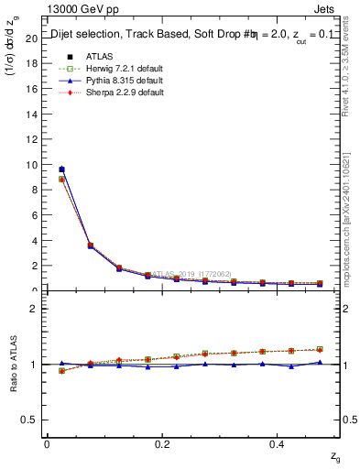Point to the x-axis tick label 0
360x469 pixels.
tap(47, 444)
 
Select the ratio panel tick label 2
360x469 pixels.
tap(34, 309)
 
